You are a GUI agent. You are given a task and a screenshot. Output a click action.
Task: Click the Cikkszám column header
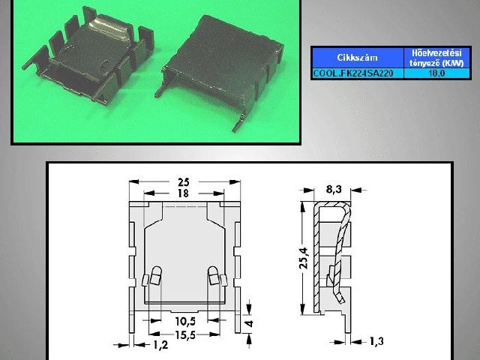tap(357, 57)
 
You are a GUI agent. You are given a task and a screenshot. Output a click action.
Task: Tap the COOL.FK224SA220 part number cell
tap(357, 73)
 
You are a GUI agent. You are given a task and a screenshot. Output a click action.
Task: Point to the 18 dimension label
tap(183, 193)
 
